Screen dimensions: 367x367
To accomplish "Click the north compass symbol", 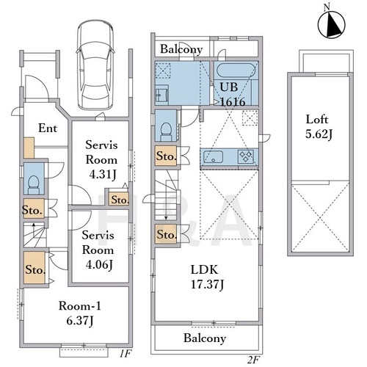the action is coord(332,24).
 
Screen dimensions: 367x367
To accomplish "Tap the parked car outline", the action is coord(95,65).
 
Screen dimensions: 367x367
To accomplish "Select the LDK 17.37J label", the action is coord(207,277).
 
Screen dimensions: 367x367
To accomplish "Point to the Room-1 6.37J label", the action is coord(80,313).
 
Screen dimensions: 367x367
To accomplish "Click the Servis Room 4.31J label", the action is coord(101,160).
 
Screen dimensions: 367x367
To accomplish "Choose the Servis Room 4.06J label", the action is coord(98,250).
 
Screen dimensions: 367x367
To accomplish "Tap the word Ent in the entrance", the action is coord(48,128).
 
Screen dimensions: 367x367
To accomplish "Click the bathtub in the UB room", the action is coord(236,70).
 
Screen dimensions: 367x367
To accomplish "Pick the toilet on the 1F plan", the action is coord(34,185).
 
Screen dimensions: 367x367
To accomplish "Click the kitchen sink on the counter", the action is coord(214,157).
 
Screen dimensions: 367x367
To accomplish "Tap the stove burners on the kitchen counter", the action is coord(245,156).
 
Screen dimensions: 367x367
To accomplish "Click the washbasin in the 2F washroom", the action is coord(161,95).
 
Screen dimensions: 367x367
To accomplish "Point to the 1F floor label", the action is coord(126,354).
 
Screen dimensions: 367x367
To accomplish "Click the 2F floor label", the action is coord(253,360).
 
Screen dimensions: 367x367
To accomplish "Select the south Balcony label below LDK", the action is coord(205,338).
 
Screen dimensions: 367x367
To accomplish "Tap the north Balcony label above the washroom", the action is coord(181,49).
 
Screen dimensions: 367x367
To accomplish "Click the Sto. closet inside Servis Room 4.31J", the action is coord(119,199).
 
